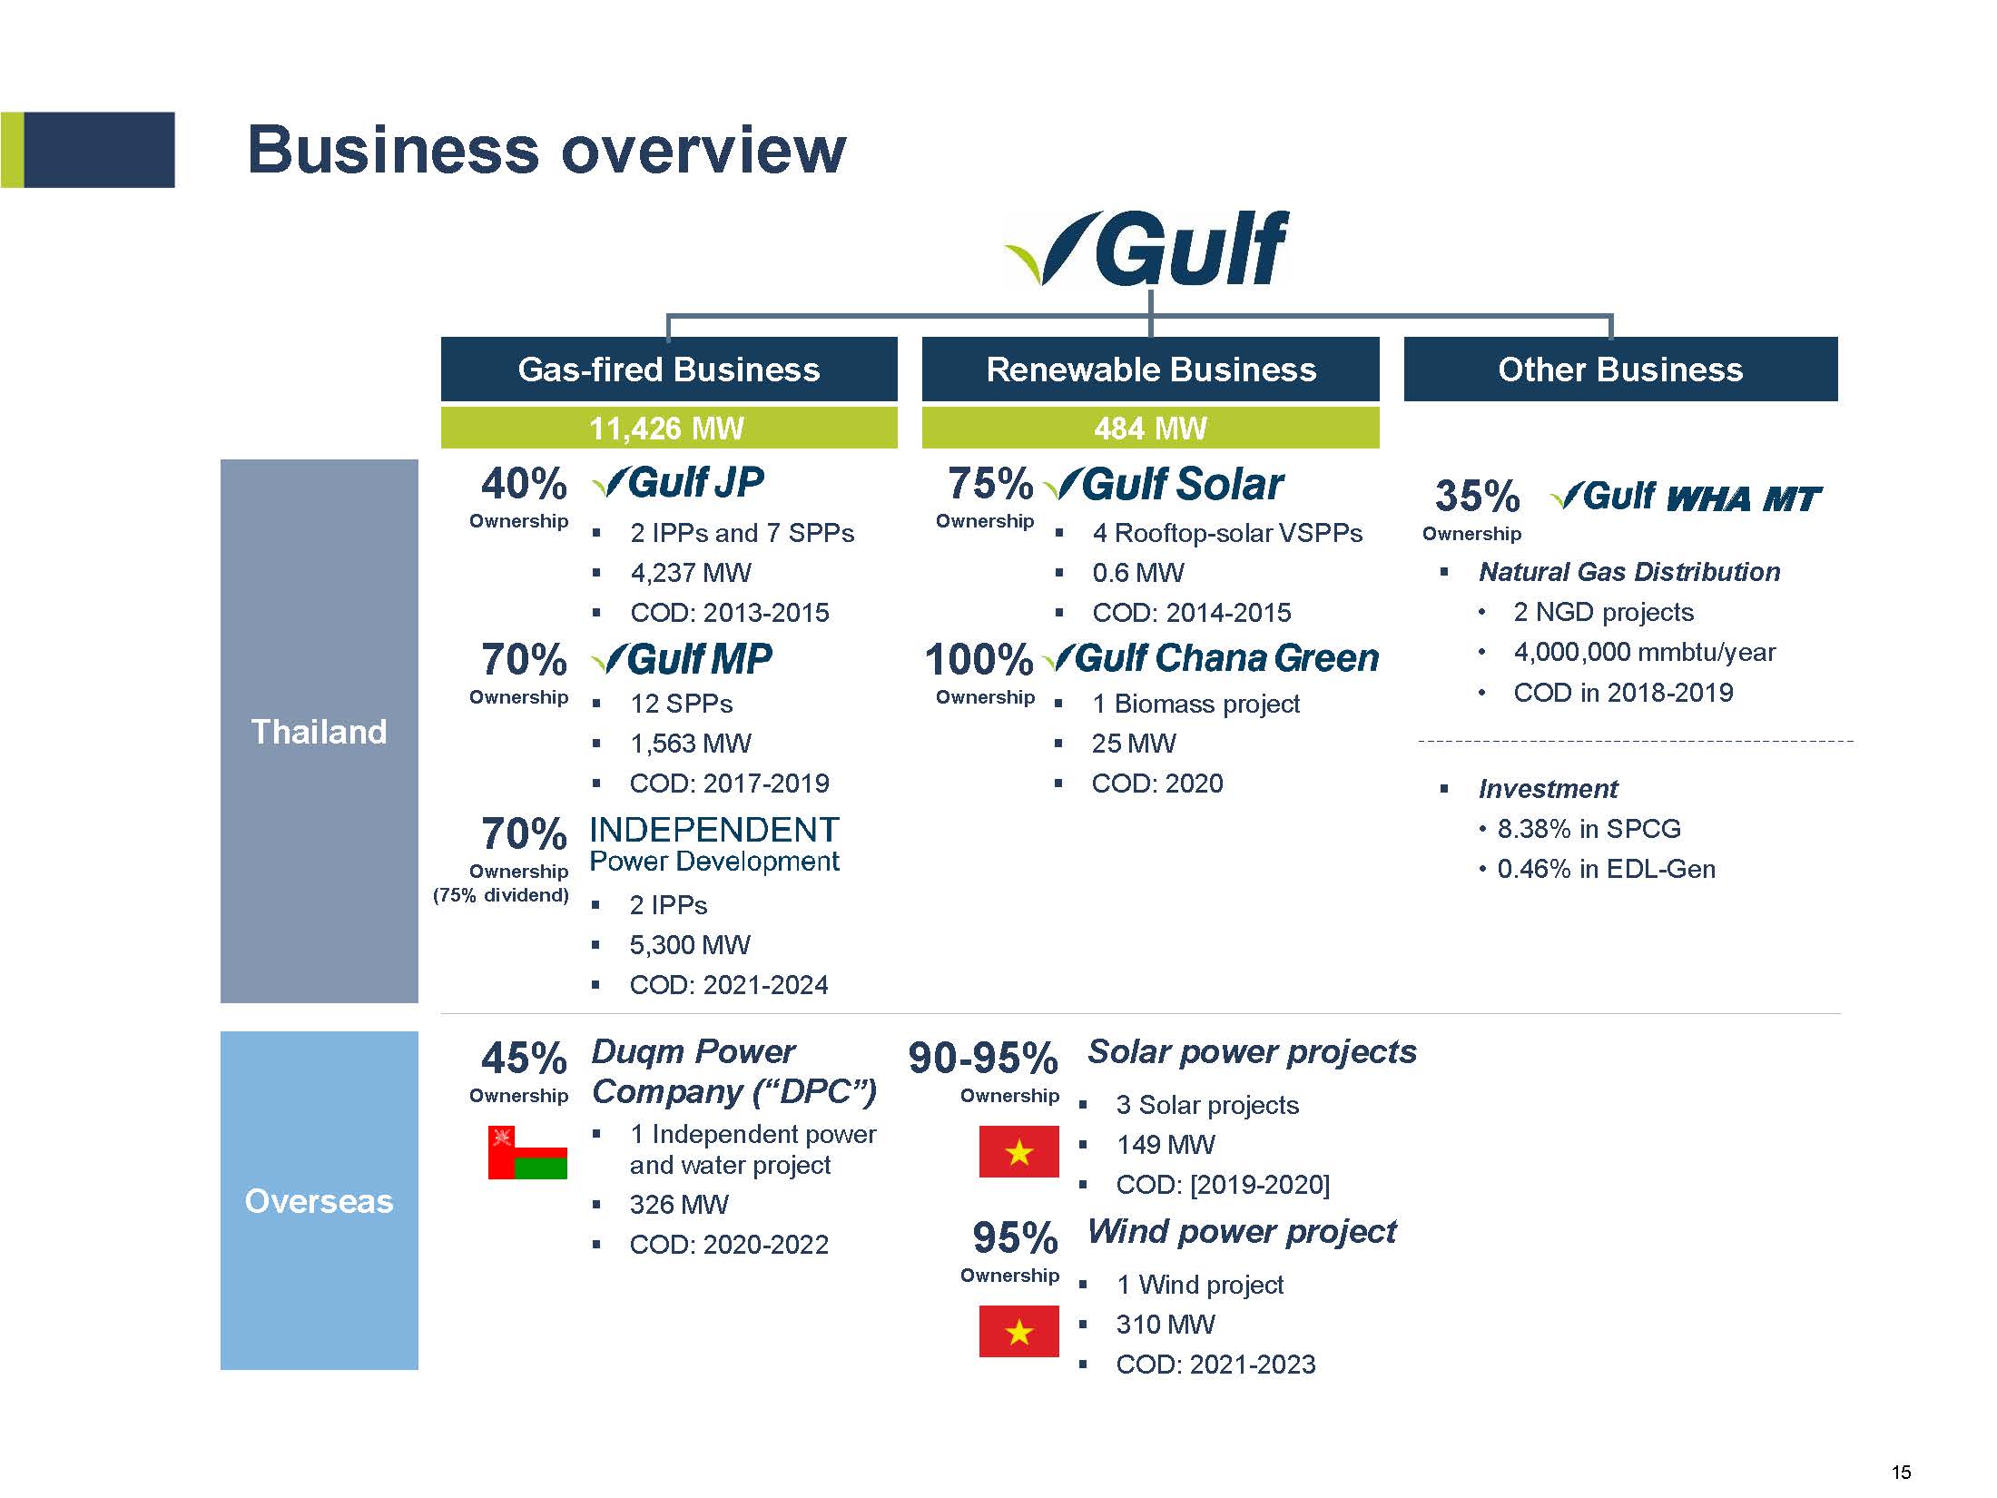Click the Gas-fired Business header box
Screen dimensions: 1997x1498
click(669, 369)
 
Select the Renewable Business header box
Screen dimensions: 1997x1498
click(1150, 369)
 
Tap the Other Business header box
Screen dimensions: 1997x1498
click(1620, 369)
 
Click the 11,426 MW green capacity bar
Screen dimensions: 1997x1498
click(669, 428)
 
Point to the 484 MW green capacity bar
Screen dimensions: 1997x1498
click(1150, 428)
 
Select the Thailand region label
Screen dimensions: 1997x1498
click(319, 731)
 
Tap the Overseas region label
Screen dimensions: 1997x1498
click(319, 1200)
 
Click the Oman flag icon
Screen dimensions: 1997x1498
click(527, 1152)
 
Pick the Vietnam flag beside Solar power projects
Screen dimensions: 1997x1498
click(1018, 1151)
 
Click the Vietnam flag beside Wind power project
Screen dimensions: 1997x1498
click(1018, 1331)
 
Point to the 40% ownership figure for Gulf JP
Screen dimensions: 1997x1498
click(524, 483)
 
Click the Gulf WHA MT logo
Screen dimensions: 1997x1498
click(1686, 498)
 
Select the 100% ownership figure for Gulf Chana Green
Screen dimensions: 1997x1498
click(979, 659)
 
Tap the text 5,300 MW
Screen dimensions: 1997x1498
click(690, 945)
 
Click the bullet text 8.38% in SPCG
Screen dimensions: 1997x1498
click(1589, 829)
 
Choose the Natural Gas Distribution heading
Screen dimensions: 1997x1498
click(1629, 572)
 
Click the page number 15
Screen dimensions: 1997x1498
click(1901, 1472)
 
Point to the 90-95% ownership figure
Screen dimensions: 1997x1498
click(983, 1058)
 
